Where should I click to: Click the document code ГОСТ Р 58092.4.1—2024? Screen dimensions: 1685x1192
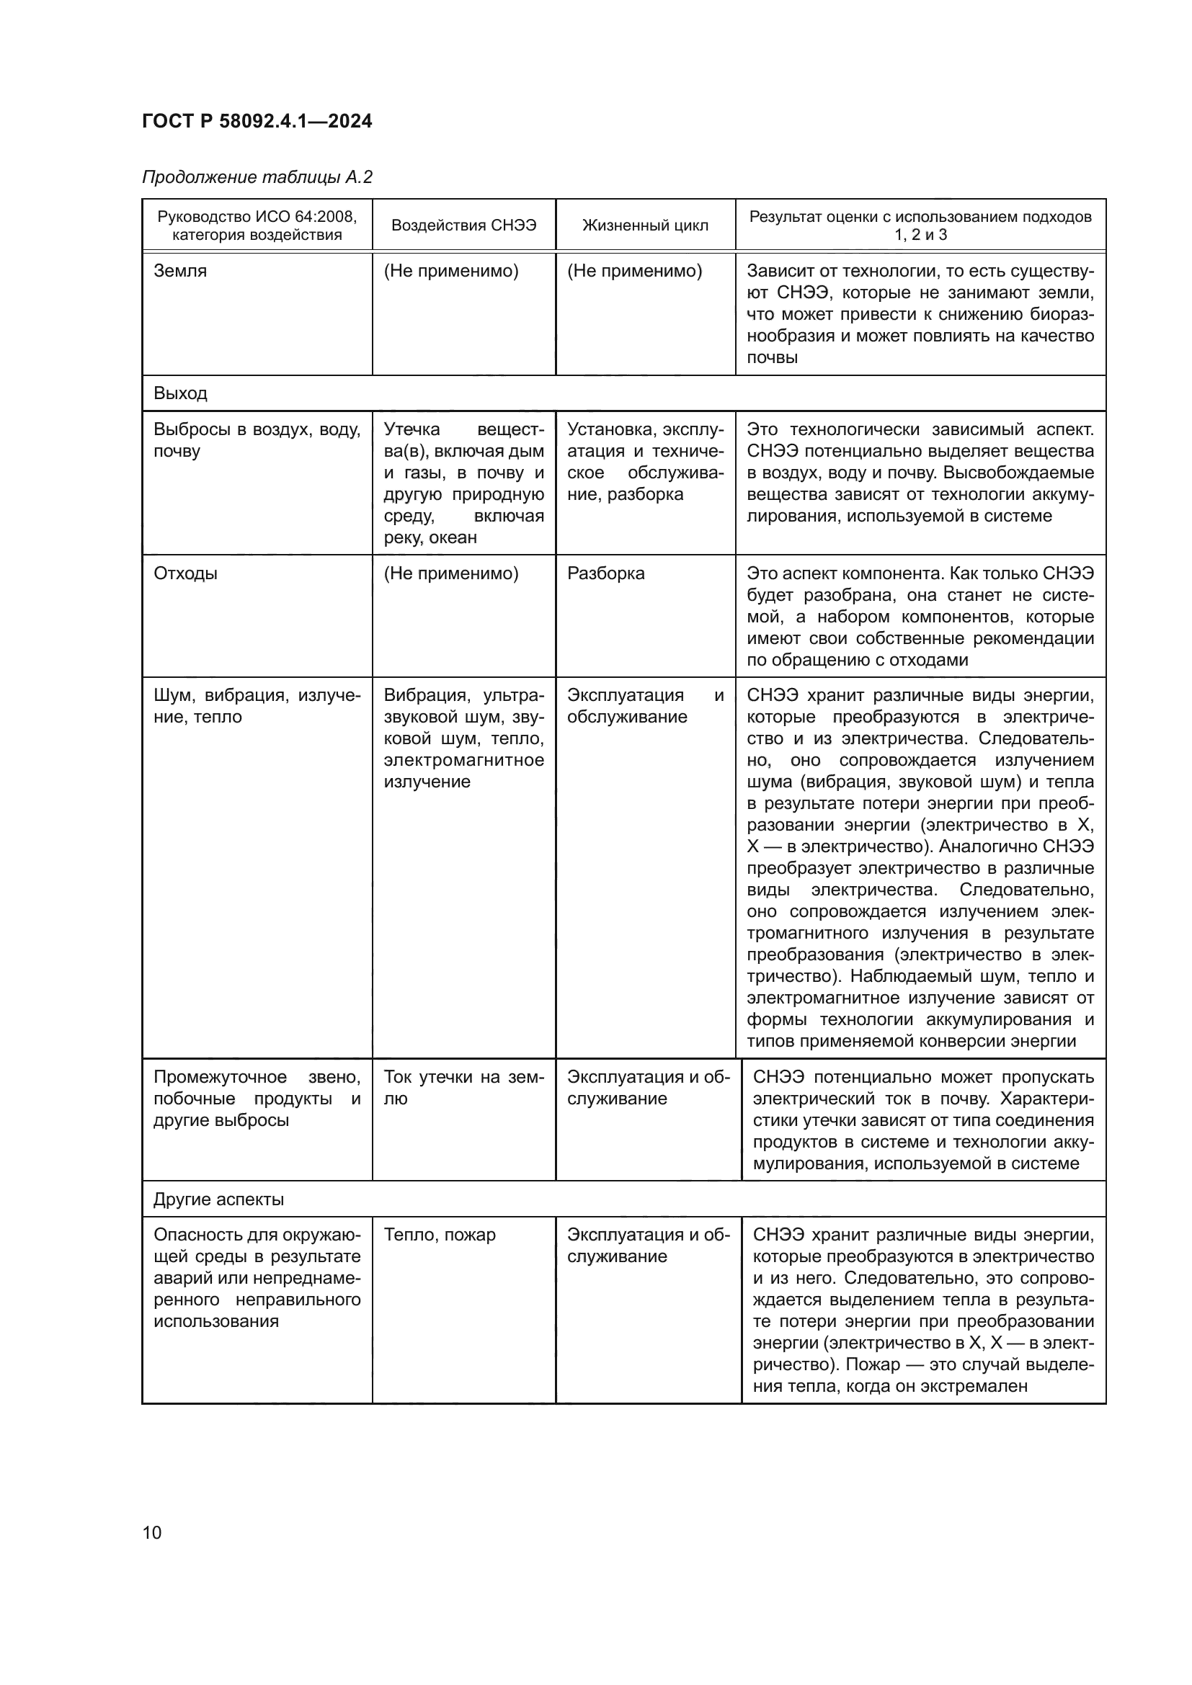point(257,121)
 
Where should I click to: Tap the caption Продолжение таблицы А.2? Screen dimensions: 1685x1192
point(257,177)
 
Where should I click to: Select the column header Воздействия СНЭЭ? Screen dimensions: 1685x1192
point(463,225)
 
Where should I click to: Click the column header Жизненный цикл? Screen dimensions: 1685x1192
point(645,225)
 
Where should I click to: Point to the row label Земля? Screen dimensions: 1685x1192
point(180,271)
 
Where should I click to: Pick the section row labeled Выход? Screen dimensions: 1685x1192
point(180,393)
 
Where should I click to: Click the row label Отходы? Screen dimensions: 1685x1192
point(185,573)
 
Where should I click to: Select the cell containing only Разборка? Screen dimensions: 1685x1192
point(605,573)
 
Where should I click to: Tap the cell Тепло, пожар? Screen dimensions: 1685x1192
point(439,1235)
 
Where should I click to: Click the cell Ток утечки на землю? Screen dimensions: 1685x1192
point(463,1088)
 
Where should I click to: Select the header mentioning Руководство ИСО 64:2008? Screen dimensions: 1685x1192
point(257,225)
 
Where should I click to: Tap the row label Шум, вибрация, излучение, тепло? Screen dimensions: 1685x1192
point(257,706)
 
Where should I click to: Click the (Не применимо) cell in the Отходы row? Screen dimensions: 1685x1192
point(450,573)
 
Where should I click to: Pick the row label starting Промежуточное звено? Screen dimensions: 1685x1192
point(257,1099)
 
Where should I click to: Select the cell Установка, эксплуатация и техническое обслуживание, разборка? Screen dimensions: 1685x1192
point(645,462)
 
